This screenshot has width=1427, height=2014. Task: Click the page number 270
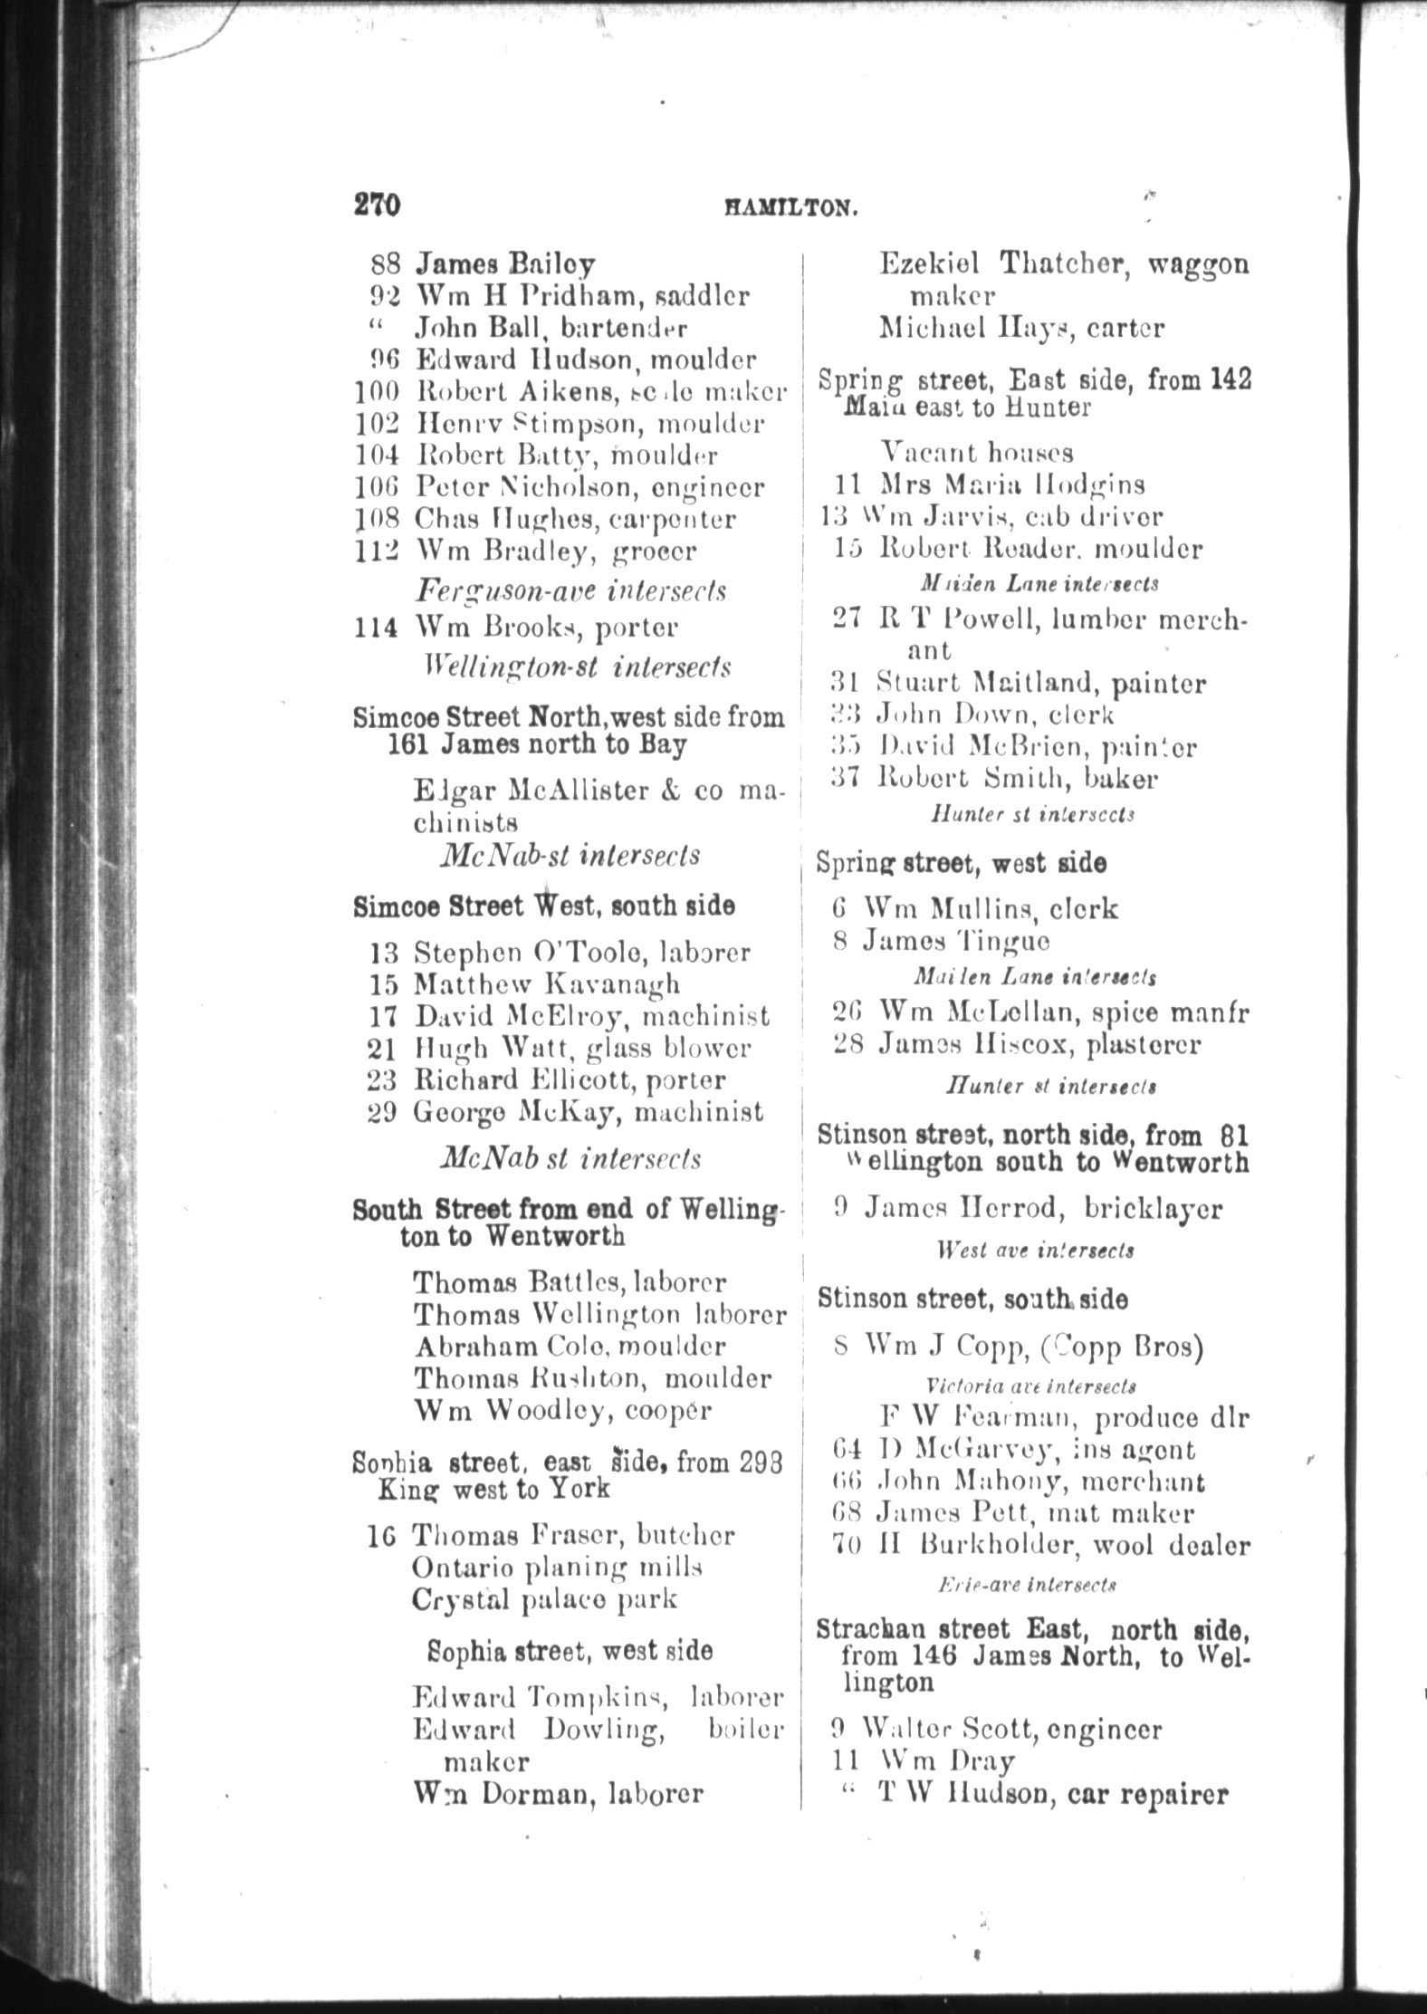click(x=377, y=205)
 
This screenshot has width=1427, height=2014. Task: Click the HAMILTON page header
click(x=790, y=208)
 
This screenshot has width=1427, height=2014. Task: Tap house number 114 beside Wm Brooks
click(x=376, y=628)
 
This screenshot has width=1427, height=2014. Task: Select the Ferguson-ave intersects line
click(x=570, y=590)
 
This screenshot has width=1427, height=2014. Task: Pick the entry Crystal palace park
click(x=544, y=1599)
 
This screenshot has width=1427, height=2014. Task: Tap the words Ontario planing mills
click(x=557, y=1568)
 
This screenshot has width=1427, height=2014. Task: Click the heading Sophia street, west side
click(x=570, y=1651)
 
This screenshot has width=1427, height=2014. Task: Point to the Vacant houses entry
click(x=977, y=452)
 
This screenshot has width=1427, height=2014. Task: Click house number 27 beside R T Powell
click(x=846, y=620)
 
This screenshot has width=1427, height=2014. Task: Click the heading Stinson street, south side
click(x=972, y=1300)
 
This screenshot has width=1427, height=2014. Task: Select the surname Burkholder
click(x=1001, y=1546)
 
